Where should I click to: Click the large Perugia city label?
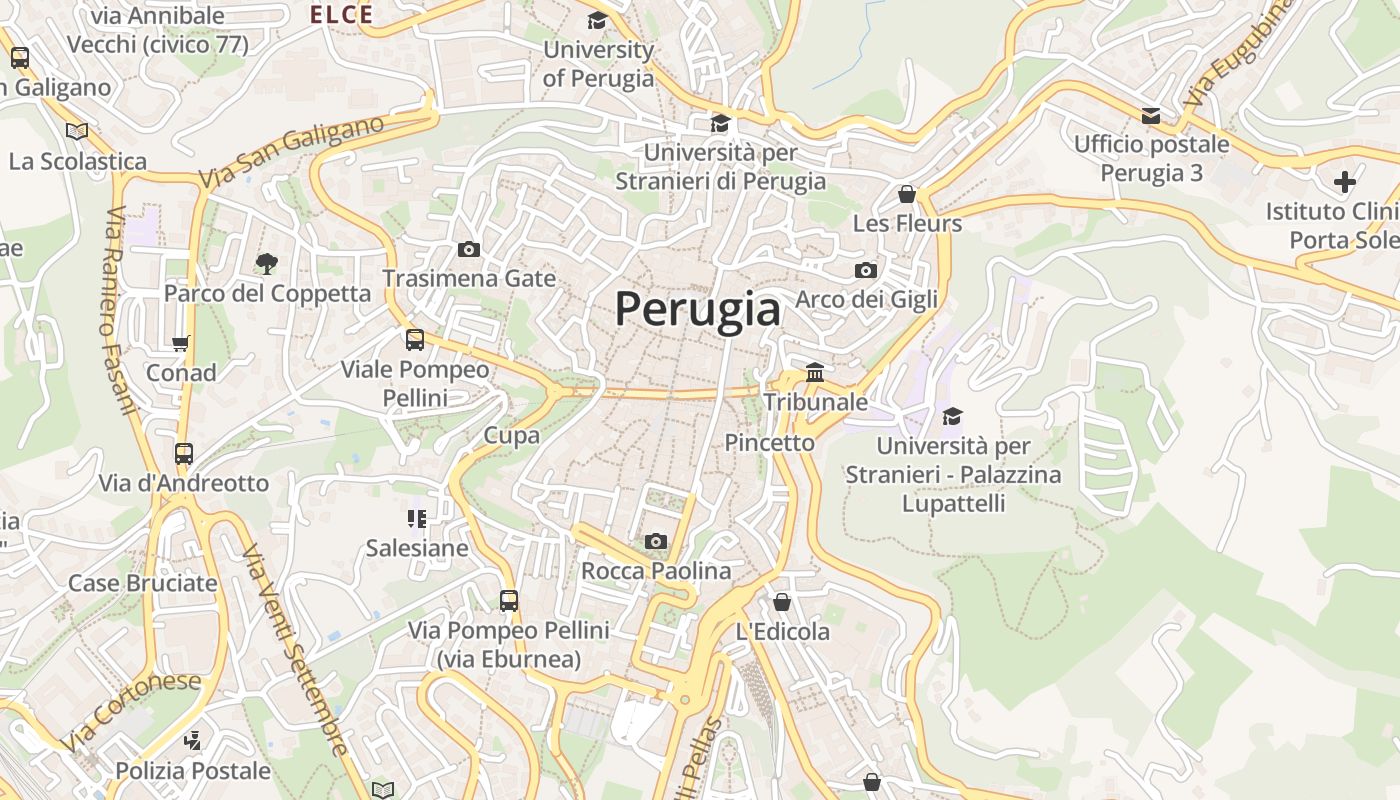point(697,309)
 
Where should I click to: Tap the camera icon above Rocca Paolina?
point(656,541)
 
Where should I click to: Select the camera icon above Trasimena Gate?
point(468,249)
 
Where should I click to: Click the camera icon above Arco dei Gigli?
point(866,270)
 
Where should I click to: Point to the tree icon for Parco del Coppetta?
point(266,264)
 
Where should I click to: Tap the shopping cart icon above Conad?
point(181,344)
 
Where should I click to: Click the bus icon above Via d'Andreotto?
point(183,453)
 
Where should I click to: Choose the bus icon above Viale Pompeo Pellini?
point(415,340)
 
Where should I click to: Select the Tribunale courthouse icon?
point(815,372)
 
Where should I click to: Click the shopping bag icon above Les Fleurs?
point(907,193)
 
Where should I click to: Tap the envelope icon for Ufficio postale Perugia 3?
point(1151,116)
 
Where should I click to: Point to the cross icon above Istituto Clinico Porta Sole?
point(1345,182)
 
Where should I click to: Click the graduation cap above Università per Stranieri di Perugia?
point(720,124)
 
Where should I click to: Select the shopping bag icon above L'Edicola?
point(782,602)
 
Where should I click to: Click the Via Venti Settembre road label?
point(295,650)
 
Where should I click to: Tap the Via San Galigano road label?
point(291,152)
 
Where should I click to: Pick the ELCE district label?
point(341,14)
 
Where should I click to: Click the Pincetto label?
point(769,442)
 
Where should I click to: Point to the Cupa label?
point(511,435)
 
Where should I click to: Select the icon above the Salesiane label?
point(417,518)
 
